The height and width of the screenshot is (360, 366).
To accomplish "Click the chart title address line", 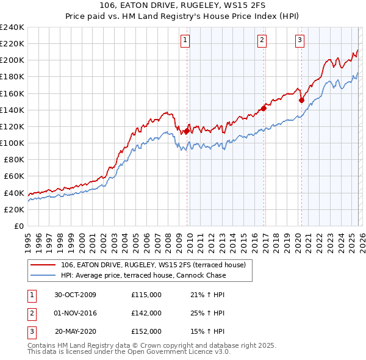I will tap(183, 5).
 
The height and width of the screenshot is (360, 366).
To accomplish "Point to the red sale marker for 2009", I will tap(187, 130).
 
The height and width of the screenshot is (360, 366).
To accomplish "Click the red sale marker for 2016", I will tap(264, 108).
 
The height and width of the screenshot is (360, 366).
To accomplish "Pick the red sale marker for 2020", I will tap(301, 100).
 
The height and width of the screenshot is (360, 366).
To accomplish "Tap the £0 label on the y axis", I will tap(18, 226).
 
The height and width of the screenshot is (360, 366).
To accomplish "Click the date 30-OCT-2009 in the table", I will tap(75, 295).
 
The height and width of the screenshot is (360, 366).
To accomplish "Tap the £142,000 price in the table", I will tap(146, 313).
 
